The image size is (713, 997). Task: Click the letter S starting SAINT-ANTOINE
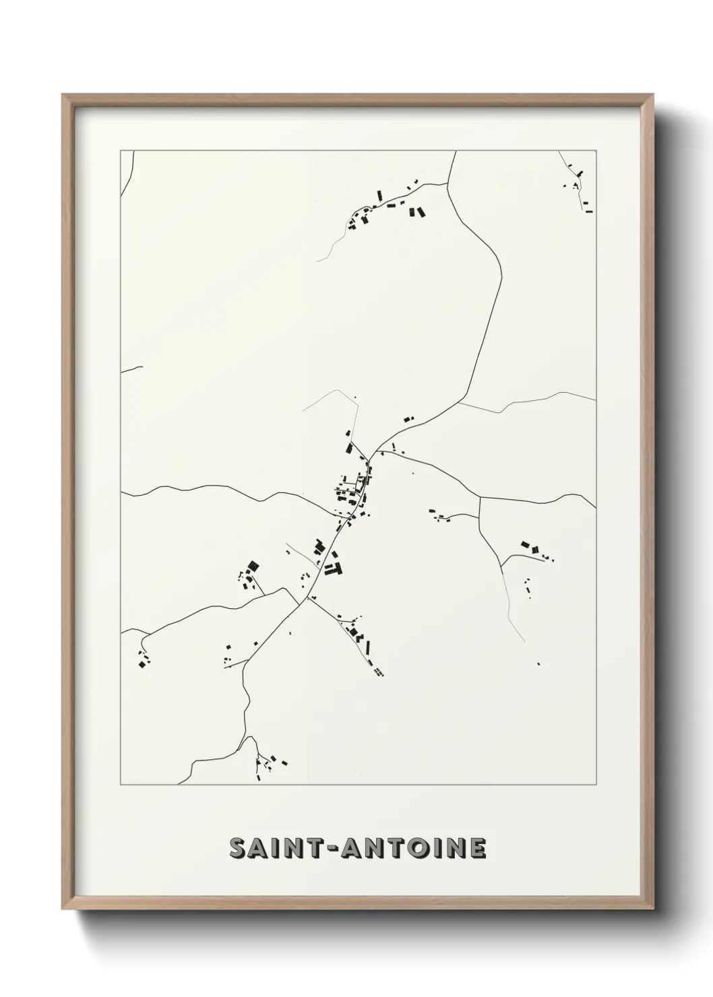(x=239, y=848)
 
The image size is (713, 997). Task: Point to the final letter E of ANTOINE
(x=477, y=848)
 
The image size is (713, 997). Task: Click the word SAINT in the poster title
(x=278, y=848)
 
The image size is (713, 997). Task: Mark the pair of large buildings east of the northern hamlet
(x=416, y=212)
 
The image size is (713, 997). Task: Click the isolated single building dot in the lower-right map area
(x=538, y=664)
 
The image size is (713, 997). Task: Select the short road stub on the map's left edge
(x=131, y=368)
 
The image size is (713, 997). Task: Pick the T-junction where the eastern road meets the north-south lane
(x=479, y=497)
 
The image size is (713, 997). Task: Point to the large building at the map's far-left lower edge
(x=142, y=664)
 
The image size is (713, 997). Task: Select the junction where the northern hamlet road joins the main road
(x=447, y=183)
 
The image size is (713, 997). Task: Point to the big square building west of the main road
(x=252, y=566)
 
